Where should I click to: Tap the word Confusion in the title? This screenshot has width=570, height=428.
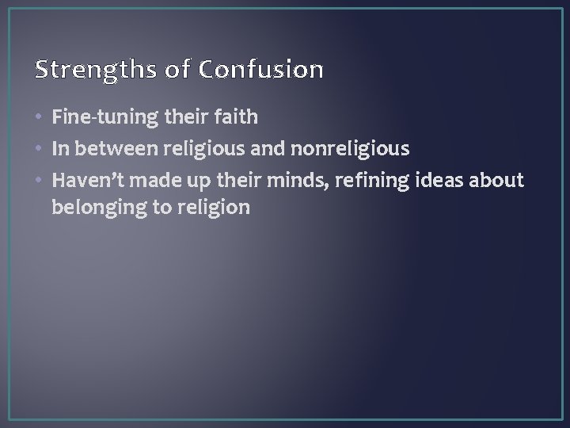tap(261, 71)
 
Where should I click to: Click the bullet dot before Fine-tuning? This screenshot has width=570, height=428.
tap(40, 119)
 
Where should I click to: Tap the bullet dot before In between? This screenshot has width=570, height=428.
tap(40, 149)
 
